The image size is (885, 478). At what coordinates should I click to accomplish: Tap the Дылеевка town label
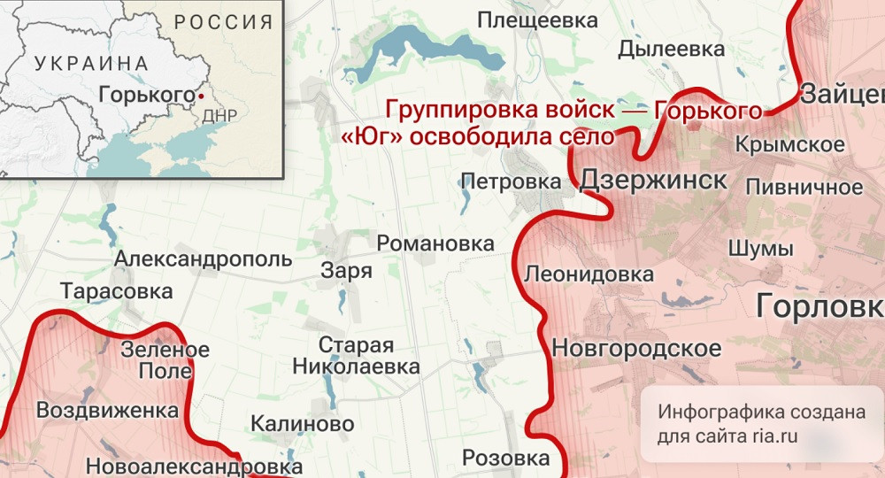(672, 50)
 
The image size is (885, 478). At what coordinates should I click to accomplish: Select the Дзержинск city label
(653, 181)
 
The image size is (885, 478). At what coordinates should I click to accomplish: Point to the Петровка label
(512, 182)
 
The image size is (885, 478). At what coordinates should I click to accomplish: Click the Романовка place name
(435, 243)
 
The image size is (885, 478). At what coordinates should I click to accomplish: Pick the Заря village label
(347, 271)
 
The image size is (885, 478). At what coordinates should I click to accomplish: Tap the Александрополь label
(203, 259)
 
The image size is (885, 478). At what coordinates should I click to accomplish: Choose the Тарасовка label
(115, 291)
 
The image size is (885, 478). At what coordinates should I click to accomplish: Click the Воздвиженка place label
(107, 411)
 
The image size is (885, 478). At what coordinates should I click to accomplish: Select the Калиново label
(303, 424)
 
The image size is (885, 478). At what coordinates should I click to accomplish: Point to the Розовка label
(506, 459)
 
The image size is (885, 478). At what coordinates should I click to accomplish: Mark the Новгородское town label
(636, 348)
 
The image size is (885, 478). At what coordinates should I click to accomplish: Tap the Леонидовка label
(589, 274)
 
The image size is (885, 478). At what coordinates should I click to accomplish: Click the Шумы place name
(760, 249)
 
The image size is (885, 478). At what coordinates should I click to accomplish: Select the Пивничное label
(804, 187)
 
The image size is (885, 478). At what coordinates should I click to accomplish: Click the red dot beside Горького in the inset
(201, 95)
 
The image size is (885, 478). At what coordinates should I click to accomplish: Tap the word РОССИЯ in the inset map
(223, 22)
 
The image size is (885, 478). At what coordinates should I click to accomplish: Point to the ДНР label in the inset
(219, 116)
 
